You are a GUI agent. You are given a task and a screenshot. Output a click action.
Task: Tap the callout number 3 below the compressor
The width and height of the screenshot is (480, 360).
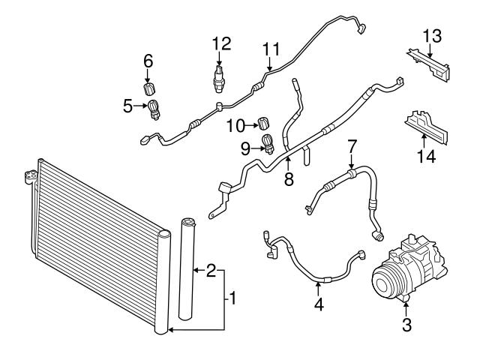coord(407,325)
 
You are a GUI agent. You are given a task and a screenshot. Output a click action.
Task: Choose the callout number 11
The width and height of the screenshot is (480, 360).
coord(271,49)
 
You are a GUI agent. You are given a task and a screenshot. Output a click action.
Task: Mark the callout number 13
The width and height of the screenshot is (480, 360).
coord(431,36)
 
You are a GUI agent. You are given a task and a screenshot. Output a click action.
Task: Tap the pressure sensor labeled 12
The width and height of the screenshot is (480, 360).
coord(218,76)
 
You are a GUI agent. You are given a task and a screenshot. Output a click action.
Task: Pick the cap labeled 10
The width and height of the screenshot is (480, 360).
coord(264,123)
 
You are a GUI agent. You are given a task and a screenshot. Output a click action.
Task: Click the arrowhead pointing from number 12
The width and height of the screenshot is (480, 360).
coord(218,59)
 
